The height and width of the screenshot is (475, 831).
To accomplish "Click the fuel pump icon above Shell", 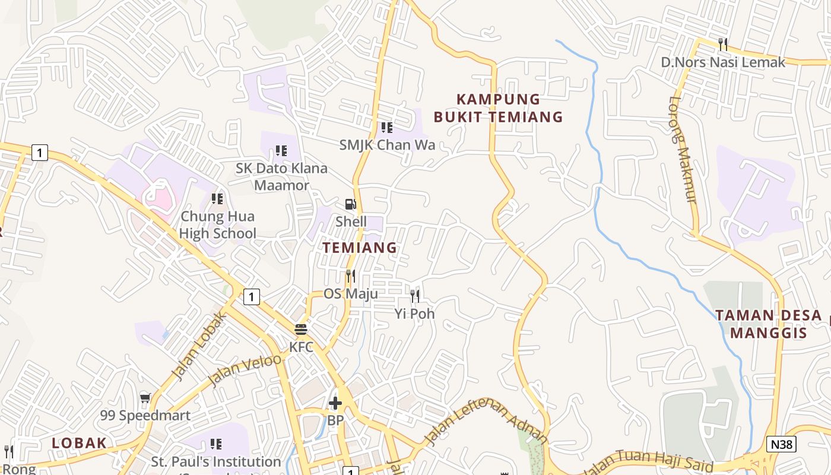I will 351,204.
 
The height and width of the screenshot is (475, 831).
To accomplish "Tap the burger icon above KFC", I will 301,330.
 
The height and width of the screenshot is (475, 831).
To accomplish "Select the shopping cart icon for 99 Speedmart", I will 145,398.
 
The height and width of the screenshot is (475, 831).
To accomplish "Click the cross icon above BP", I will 335,403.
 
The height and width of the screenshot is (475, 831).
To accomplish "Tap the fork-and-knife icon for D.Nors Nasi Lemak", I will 722,44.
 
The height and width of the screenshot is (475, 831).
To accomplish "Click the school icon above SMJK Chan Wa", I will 387,127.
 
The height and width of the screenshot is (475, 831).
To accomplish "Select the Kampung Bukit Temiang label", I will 497,107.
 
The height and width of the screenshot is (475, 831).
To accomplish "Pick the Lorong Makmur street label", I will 683,150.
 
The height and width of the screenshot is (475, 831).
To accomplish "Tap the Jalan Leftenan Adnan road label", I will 486,423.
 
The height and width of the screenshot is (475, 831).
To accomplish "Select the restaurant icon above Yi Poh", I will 415,296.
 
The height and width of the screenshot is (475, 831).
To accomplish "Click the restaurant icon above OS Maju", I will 351,276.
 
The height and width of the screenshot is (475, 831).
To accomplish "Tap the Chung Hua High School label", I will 218,225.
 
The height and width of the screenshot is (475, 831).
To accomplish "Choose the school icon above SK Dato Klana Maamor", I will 281,151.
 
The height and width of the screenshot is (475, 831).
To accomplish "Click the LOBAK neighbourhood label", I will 79,442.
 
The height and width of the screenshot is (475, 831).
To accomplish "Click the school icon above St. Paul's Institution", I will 216,444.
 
